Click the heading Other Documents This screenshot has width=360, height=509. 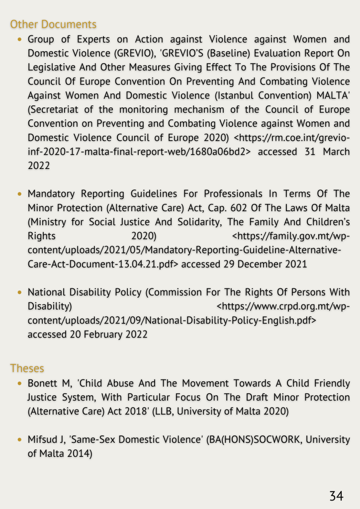point(53,24)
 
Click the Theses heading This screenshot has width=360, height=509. point(27,368)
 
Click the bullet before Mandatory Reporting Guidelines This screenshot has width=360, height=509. point(19,194)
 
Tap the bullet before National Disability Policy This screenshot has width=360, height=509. point(19,293)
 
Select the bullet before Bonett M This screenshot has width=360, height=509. point(19,384)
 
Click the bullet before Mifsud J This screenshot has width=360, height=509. point(19,440)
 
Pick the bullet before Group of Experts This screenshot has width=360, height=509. point(19,39)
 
